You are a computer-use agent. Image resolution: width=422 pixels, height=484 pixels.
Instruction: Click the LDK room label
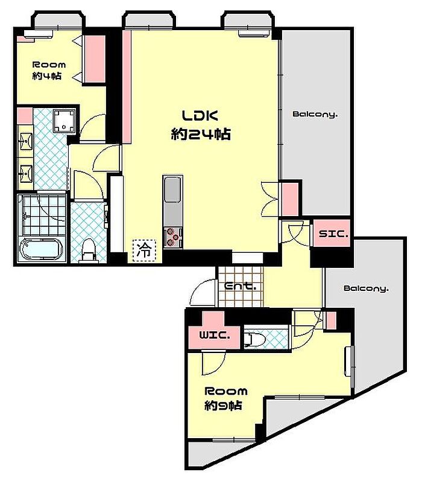click(200, 116)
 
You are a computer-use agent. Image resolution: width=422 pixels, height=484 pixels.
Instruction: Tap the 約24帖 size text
click(201, 134)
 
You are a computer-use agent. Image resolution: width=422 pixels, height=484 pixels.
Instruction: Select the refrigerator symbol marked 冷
click(144, 250)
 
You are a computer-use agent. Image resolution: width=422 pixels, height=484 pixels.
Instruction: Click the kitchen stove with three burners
click(173, 237)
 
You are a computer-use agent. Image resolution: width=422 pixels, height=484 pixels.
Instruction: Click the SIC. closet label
click(333, 234)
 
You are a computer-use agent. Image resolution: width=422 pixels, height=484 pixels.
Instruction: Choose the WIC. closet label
click(215, 335)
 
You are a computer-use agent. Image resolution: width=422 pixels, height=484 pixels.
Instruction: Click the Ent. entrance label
click(240, 287)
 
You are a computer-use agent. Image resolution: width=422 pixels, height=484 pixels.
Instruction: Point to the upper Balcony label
click(315, 114)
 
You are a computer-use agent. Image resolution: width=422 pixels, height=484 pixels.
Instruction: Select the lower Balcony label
click(366, 288)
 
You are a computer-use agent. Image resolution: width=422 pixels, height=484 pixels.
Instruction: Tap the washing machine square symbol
click(64, 121)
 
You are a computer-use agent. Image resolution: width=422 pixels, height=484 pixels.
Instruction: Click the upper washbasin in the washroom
click(26, 142)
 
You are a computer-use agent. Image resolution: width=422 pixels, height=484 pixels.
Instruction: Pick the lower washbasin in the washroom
click(26, 173)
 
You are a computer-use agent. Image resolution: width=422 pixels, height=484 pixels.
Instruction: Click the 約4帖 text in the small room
click(47, 76)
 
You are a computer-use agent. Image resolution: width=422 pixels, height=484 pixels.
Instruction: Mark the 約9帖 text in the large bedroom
click(223, 406)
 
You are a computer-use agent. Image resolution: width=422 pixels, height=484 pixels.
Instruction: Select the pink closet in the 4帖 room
click(95, 59)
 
